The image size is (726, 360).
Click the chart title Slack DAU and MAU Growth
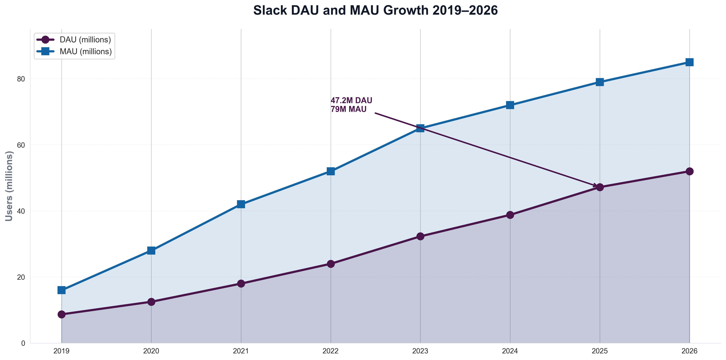(x=375, y=11)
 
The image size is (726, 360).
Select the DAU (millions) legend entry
(x=85, y=40)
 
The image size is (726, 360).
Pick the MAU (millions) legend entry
(x=86, y=52)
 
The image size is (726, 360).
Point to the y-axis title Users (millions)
(x=9, y=186)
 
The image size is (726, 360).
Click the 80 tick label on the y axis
(x=21, y=79)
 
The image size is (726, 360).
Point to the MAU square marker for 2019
(x=62, y=290)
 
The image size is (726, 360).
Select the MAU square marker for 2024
(x=510, y=105)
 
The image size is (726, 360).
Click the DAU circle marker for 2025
(x=600, y=187)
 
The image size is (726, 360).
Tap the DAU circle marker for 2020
(x=151, y=302)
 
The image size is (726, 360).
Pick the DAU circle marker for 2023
(x=420, y=236)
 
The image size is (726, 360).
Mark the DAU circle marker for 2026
(x=689, y=171)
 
